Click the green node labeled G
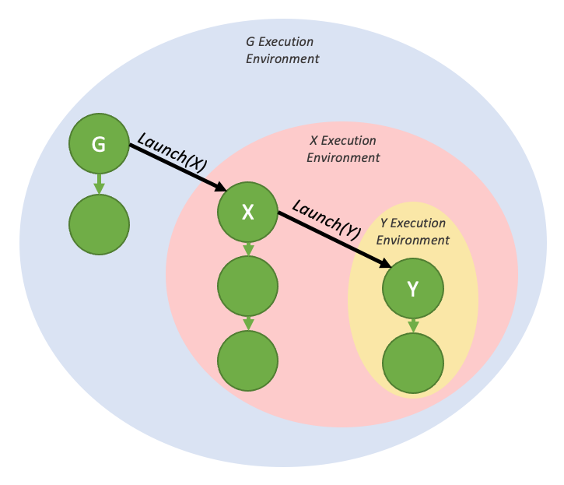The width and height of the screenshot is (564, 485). [99, 144]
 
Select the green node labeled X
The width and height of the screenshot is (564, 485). [248, 211]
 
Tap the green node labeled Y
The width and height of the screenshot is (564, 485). [413, 289]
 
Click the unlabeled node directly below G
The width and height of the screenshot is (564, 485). [99, 225]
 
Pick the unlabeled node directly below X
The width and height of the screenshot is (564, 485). [248, 287]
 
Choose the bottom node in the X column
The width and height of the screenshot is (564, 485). [248, 360]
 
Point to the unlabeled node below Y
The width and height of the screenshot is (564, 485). [413, 364]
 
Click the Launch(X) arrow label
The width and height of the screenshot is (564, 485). [172, 151]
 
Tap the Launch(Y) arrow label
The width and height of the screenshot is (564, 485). [328, 219]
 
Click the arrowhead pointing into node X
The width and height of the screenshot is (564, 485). [220, 187]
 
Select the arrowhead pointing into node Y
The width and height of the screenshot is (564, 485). [385, 265]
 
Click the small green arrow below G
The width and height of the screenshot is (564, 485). [99, 185]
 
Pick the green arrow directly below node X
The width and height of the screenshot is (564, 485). [248, 249]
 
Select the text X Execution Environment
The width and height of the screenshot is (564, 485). [343, 149]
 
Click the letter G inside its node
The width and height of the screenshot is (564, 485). [99, 144]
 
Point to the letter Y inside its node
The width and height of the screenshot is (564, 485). [413, 289]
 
